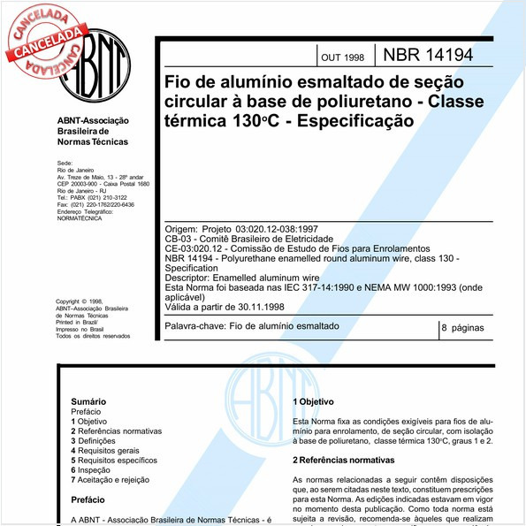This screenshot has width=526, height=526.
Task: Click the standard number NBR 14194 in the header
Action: (428, 54)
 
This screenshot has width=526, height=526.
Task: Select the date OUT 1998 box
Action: (342, 57)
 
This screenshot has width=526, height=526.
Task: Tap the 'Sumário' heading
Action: (88, 400)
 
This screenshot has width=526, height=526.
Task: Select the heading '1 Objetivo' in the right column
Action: (313, 402)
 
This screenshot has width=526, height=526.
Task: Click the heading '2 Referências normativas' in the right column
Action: (346, 461)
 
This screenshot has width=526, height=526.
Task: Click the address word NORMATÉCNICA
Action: (79, 217)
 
